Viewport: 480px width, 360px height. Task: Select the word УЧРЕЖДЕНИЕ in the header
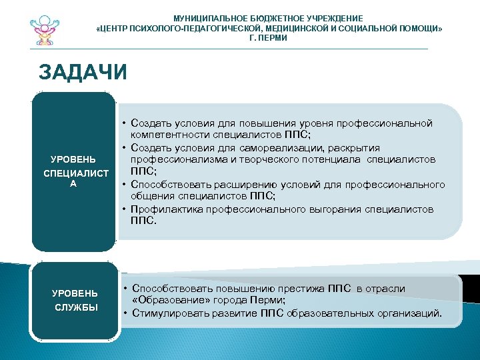(x=332, y=18)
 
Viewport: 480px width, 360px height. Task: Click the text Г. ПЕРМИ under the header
(x=268, y=39)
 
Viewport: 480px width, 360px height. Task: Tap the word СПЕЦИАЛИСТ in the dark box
(x=76, y=173)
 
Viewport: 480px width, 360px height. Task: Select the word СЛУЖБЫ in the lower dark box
(x=76, y=307)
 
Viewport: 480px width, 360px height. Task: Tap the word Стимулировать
(x=166, y=313)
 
